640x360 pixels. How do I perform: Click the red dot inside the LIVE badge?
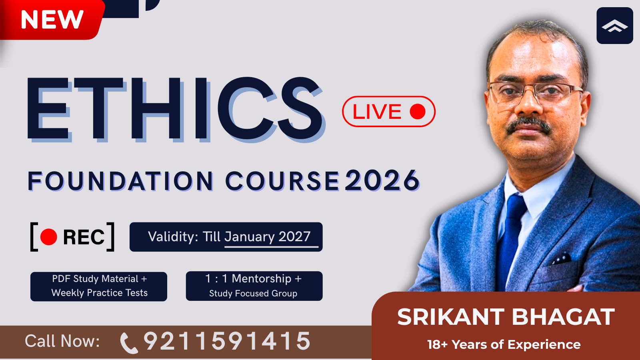(x=418, y=112)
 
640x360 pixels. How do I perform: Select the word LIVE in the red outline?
(x=377, y=112)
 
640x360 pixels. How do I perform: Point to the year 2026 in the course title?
(x=382, y=181)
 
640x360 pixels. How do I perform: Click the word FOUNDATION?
(x=120, y=181)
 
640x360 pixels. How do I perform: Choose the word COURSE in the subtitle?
(x=282, y=181)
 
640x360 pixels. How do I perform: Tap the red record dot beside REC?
(x=49, y=237)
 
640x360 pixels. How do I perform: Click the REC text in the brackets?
(x=84, y=237)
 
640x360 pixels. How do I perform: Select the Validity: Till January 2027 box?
(x=226, y=237)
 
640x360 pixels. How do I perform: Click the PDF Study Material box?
(x=99, y=286)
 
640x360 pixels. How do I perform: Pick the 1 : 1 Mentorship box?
(x=254, y=286)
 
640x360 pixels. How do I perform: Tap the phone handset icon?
(x=128, y=343)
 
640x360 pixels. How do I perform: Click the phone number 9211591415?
(x=227, y=341)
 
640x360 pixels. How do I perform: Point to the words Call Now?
(x=62, y=341)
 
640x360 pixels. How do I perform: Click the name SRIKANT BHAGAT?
(x=506, y=317)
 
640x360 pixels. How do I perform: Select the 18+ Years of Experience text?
(x=504, y=344)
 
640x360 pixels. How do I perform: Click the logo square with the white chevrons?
(x=614, y=26)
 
